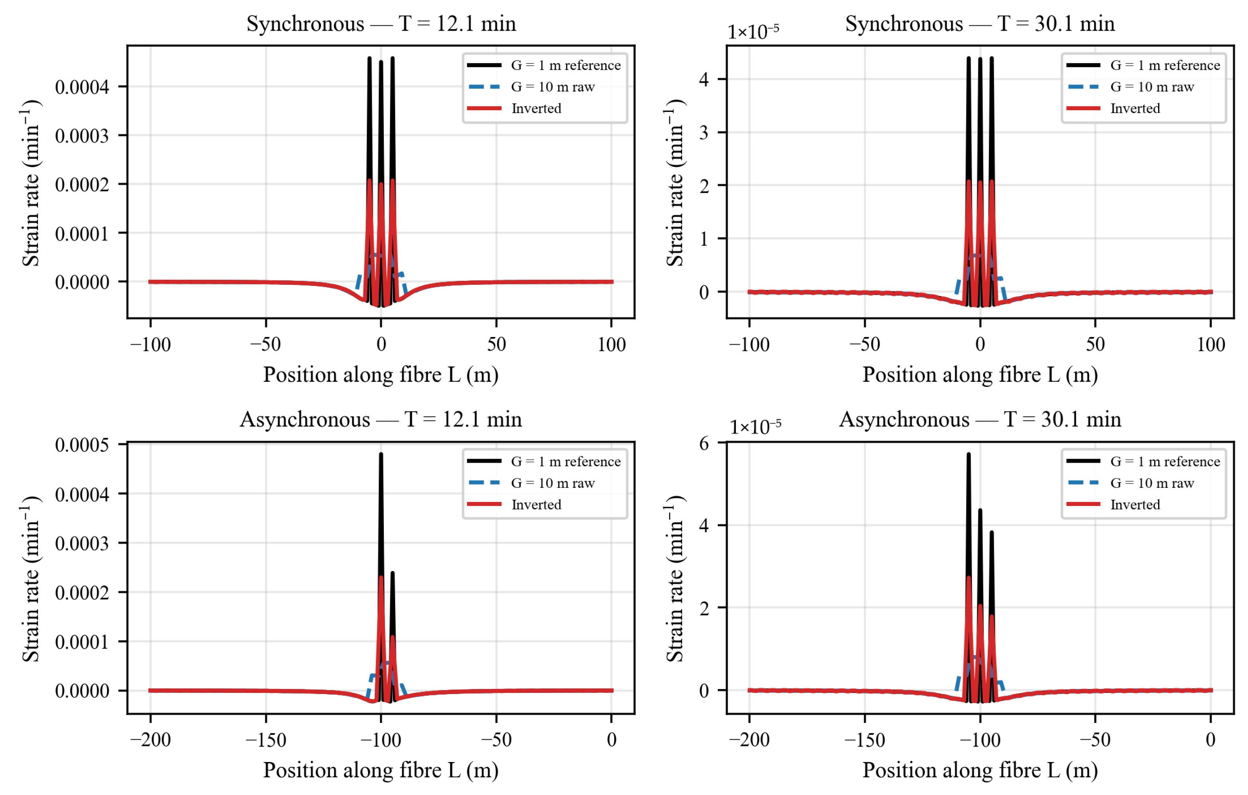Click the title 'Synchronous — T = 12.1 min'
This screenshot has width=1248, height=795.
click(x=381, y=24)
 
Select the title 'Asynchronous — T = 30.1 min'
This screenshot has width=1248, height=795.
click(x=980, y=419)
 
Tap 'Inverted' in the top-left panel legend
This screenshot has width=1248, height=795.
click(x=536, y=108)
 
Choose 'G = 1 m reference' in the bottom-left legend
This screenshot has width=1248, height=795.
click(x=566, y=461)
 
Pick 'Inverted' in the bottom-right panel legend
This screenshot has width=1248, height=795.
click(x=1135, y=505)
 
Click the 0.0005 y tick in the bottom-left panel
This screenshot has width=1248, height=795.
click(x=82, y=444)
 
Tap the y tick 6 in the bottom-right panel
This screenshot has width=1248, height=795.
click(x=703, y=444)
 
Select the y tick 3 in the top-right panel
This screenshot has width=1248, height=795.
click(x=703, y=133)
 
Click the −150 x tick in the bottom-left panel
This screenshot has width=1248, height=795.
click(x=266, y=740)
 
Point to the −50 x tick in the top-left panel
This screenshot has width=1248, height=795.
click(x=266, y=344)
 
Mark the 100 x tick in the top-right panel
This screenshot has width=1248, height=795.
click(x=1211, y=344)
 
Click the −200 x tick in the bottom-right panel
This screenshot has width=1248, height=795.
click(x=749, y=740)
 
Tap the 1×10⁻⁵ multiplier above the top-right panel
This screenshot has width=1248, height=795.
click(x=753, y=32)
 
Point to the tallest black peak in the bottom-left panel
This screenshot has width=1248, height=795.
click(x=381, y=454)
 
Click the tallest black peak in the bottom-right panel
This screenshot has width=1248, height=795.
click(x=969, y=454)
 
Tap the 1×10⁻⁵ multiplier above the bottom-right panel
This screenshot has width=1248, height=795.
click(x=755, y=427)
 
